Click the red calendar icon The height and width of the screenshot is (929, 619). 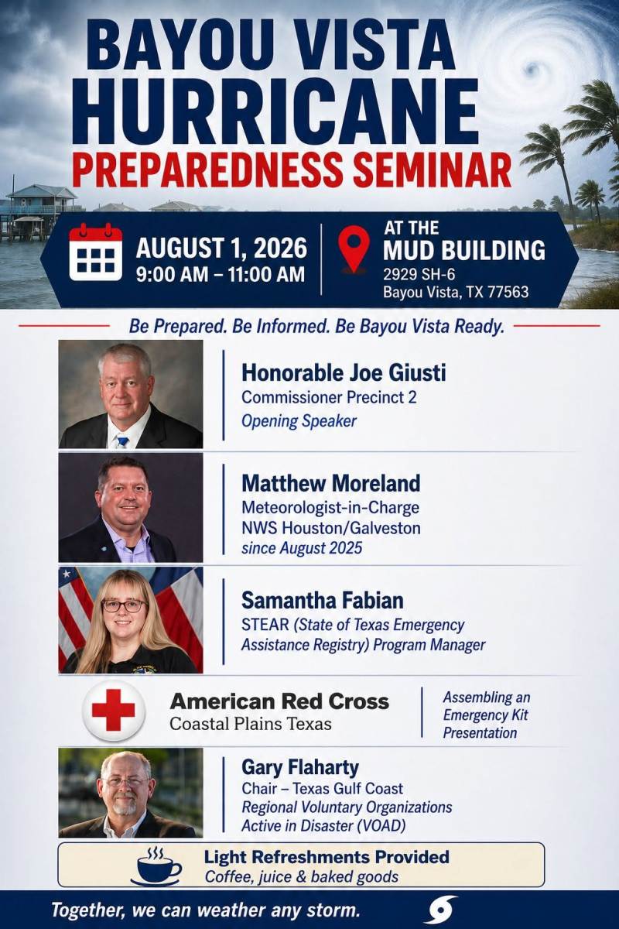click(x=96, y=252)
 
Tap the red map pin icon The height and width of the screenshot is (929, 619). click(x=354, y=249)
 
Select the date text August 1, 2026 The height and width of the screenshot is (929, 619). click(x=221, y=248)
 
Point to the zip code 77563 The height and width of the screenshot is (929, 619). click(x=508, y=292)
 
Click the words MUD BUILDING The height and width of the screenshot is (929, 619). click(x=464, y=250)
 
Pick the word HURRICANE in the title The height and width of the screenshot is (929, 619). click(x=275, y=111)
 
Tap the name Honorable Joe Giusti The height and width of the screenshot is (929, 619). click(x=344, y=372)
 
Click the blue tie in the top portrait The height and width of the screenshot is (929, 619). click(x=122, y=441)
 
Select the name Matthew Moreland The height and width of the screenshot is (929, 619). click(x=331, y=483)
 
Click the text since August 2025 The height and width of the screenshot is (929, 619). click(x=302, y=548)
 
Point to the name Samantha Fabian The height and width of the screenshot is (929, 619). click(x=322, y=600)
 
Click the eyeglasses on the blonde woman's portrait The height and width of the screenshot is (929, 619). click(x=124, y=605)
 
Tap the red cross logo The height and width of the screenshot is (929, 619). click(x=114, y=710)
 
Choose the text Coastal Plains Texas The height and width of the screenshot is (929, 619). click(x=251, y=724)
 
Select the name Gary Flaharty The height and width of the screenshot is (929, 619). click(x=300, y=767)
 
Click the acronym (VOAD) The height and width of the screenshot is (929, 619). click(x=381, y=825)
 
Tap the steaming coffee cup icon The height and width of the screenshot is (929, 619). click(x=156, y=866)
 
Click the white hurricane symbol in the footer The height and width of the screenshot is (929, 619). click(x=443, y=910)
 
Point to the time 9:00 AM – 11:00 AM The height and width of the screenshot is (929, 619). click(x=221, y=275)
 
